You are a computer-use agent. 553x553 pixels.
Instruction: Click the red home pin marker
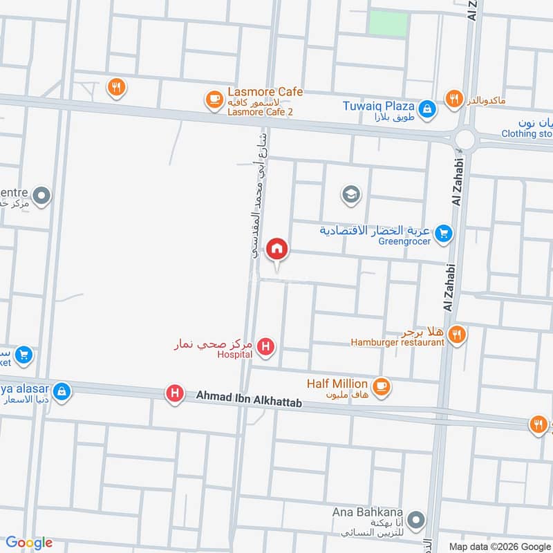click(x=277, y=248)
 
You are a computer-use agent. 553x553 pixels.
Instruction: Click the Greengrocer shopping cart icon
click(x=444, y=234)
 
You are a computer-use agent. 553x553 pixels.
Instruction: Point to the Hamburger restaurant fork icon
click(x=456, y=335)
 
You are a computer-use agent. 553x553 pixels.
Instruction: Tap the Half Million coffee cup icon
click(x=380, y=385)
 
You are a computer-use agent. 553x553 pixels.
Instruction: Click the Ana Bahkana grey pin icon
click(x=415, y=519)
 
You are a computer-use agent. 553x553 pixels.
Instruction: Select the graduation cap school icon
click(x=351, y=195)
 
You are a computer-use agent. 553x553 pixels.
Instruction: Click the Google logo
click(x=30, y=543)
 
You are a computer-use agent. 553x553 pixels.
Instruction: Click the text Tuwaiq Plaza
click(x=379, y=106)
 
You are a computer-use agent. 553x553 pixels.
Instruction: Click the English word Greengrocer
click(x=404, y=241)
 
